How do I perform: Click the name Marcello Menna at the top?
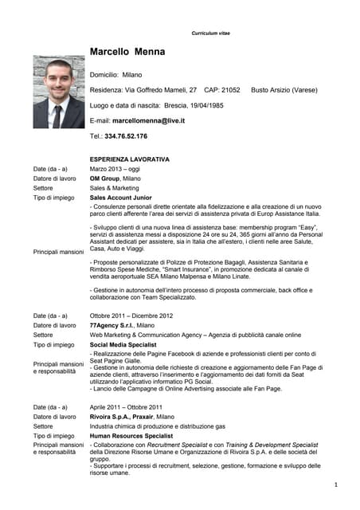click(x=127, y=52)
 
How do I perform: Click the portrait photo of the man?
click(x=58, y=92)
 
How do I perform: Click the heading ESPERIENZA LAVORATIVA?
click(x=129, y=159)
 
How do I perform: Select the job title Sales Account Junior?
click(x=120, y=197)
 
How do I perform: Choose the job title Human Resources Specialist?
click(x=132, y=436)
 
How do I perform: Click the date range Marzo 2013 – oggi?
click(x=114, y=169)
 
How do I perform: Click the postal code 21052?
click(x=230, y=90)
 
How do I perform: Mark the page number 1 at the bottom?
click(x=336, y=484)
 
